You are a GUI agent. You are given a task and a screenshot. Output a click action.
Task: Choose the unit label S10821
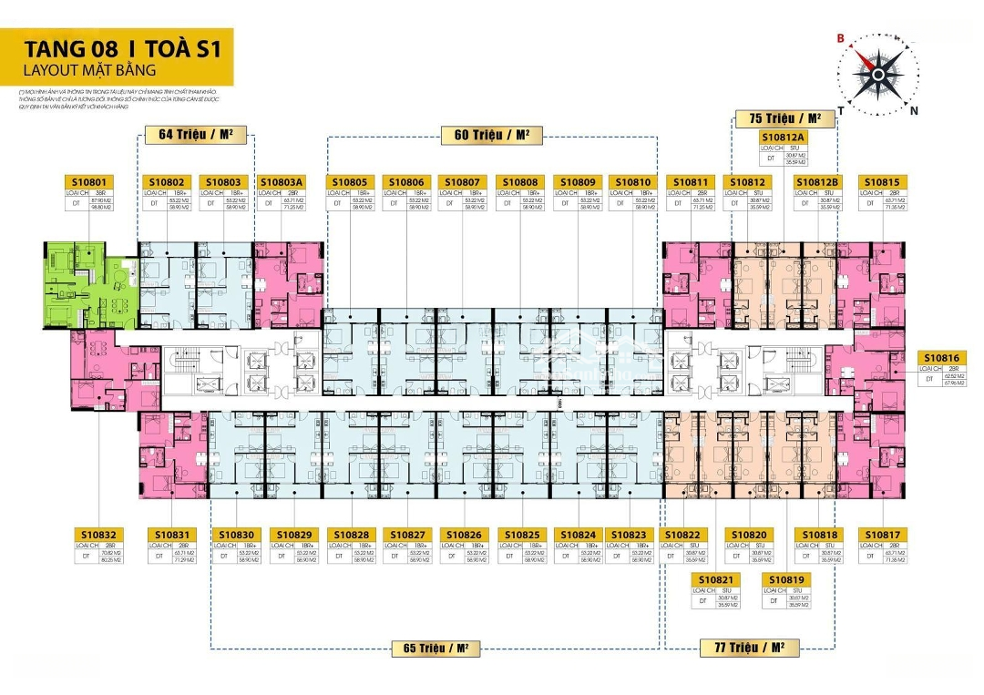(x=717, y=579)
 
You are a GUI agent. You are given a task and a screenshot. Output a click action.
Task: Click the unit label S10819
(x=785, y=579)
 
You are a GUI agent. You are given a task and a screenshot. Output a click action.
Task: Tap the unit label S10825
(x=522, y=534)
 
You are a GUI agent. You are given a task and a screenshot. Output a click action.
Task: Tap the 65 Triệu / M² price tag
(x=436, y=649)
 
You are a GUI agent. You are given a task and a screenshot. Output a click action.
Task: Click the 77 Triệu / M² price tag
(x=749, y=649)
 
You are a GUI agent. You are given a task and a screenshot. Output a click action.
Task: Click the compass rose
(x=879, y=73)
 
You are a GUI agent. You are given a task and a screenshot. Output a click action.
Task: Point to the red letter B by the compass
(x=843, y=38)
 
